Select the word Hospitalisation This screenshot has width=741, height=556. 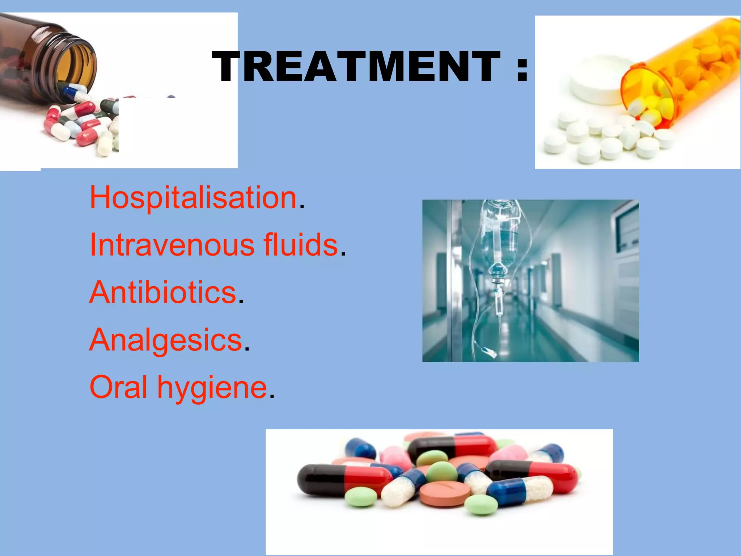pos(193,198)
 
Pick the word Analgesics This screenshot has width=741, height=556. pos(166,340)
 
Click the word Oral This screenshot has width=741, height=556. pos(118,387)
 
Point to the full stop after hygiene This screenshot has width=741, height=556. pos(272,396)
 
